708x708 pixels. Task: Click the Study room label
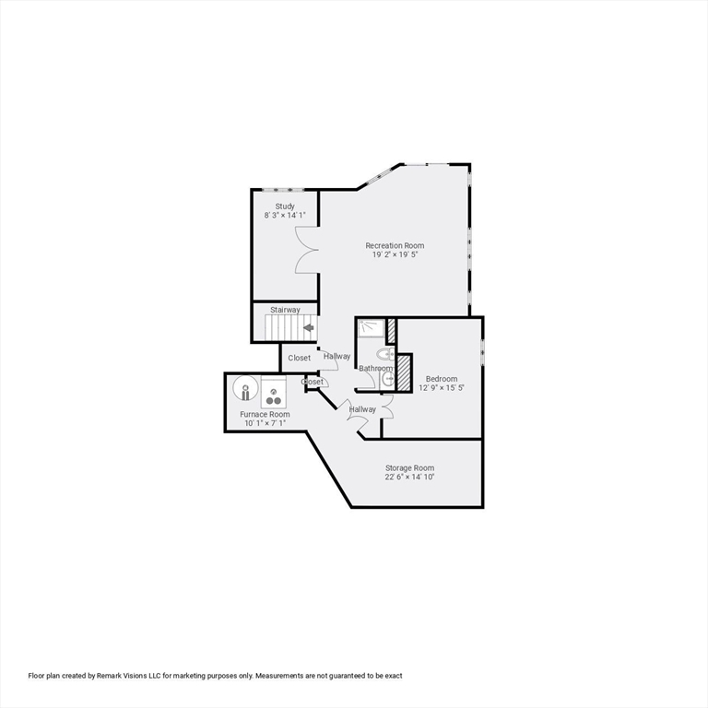[285, 206]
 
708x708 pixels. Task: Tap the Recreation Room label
[395, 245]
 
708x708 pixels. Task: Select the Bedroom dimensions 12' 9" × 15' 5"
[442, 388]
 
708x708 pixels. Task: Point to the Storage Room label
[409, 468]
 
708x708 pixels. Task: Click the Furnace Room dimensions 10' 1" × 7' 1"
[265, 423]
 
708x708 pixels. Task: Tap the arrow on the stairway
[308, 326]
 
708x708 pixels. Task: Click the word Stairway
[285, 310]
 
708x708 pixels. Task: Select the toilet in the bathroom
[386, 355]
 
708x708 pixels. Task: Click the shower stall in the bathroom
[371, 327]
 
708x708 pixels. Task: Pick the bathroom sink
[388, 378]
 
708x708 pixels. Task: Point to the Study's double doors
[307, 248]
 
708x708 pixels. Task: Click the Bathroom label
[376, 369]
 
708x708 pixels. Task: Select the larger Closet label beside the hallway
[300, 358]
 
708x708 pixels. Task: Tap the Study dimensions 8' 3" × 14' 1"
[285, 216]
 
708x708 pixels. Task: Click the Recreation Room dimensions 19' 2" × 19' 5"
[395, 254]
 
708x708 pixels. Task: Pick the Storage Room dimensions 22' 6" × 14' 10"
[409, 478]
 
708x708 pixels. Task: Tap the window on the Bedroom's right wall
[482, 354]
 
